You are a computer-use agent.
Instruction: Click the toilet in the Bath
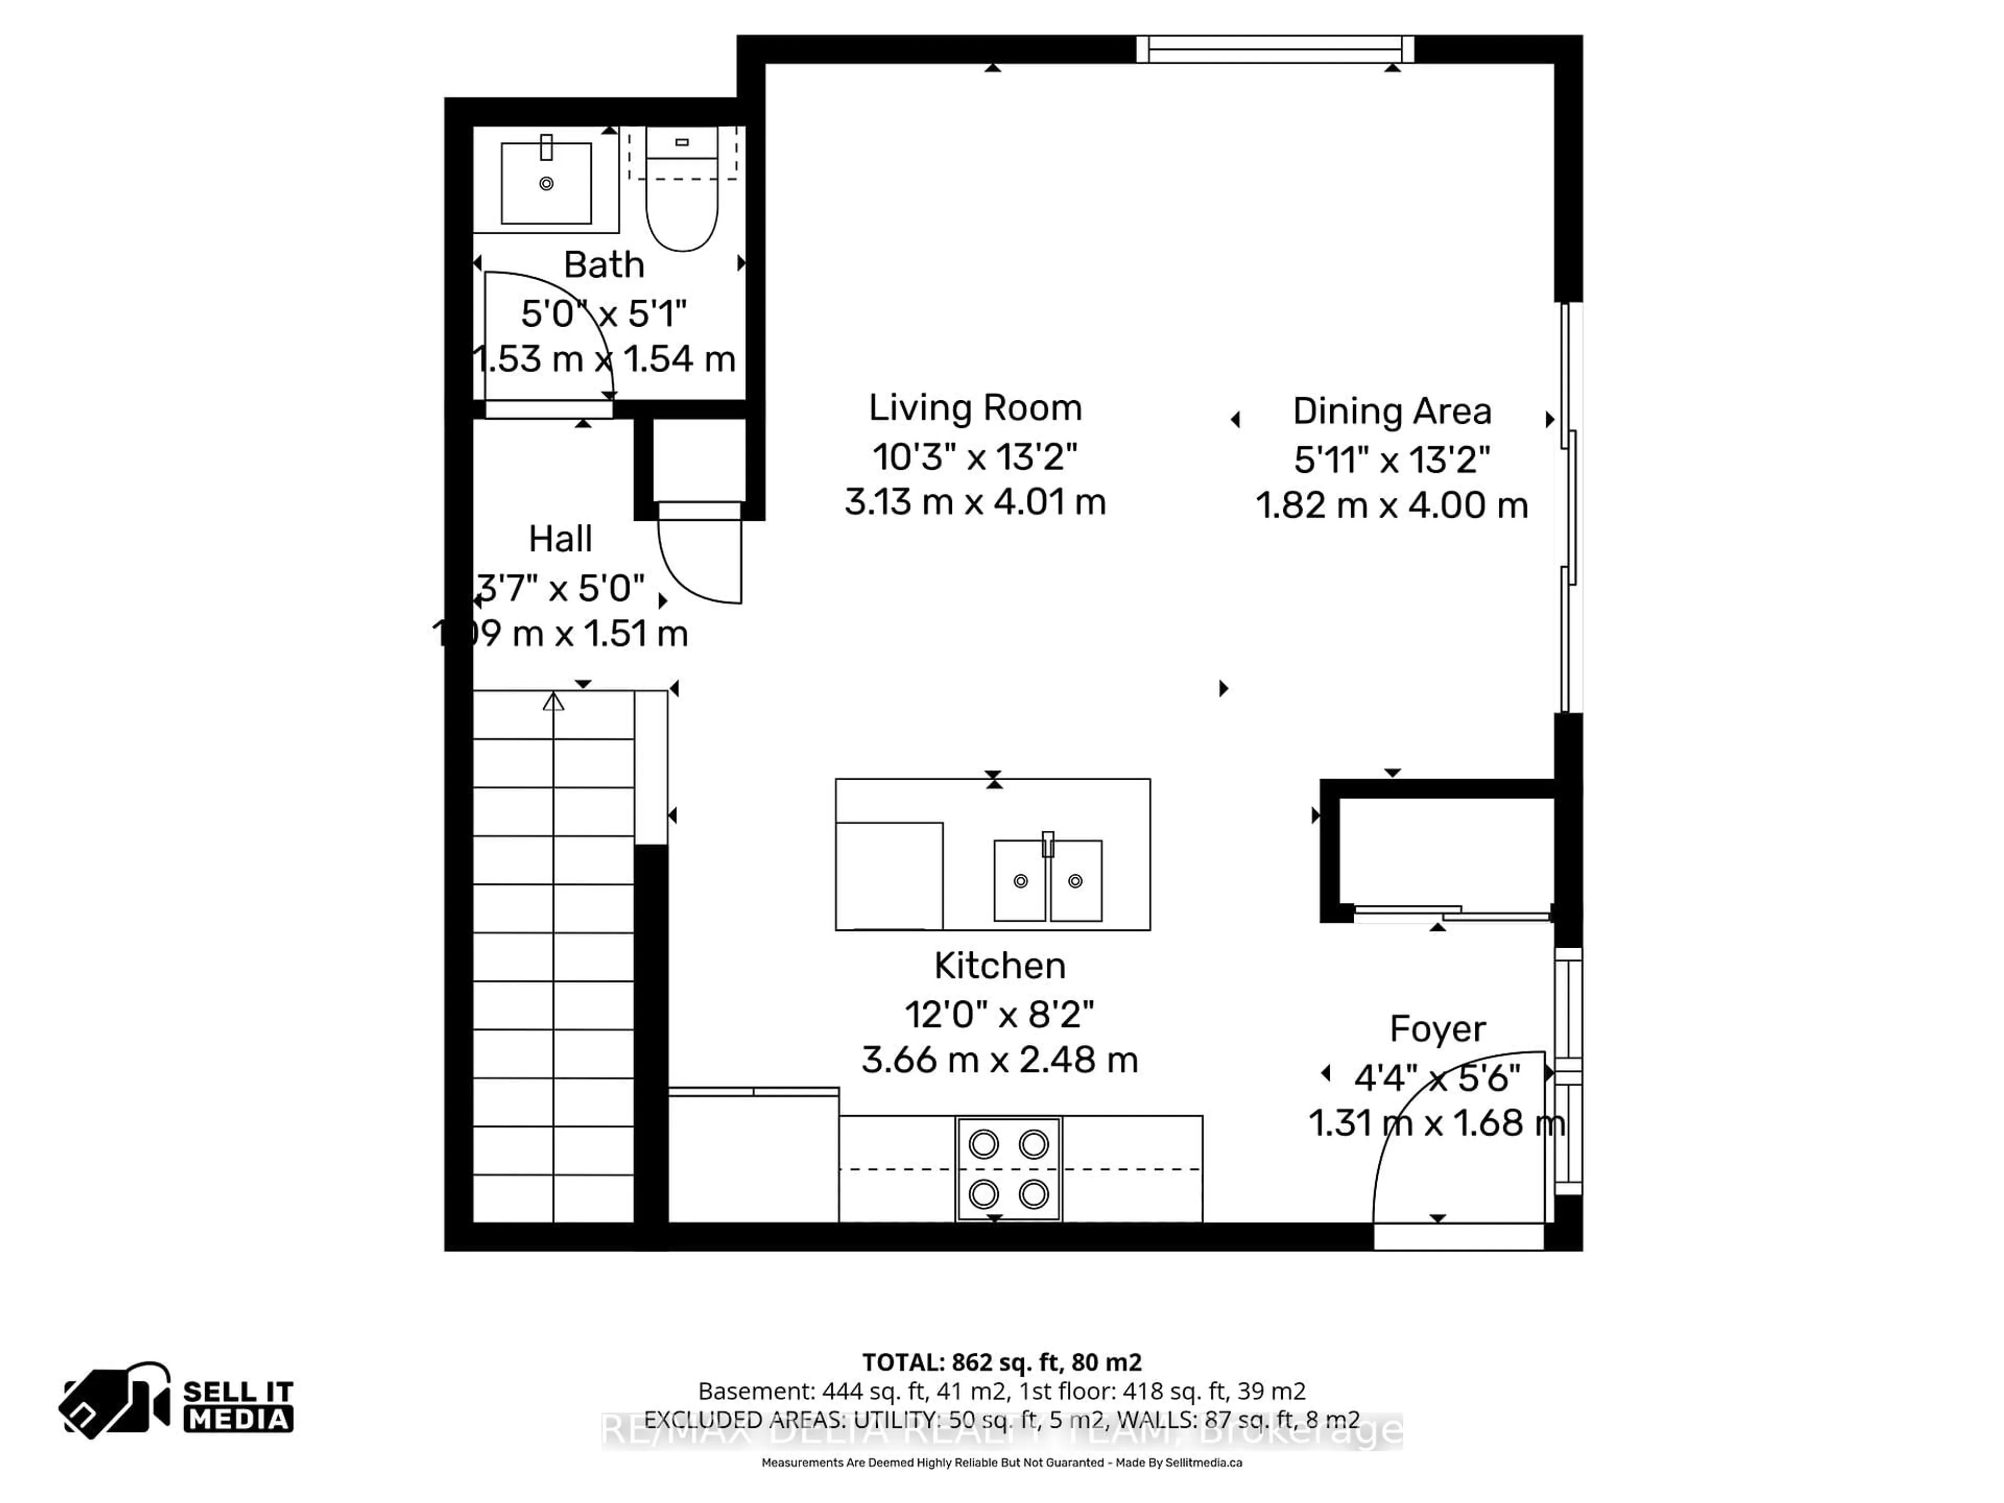(x=681, y=204)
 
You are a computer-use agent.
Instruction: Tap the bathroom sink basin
(x=546, y=184)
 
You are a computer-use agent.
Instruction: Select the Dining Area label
(x=1391, y=411)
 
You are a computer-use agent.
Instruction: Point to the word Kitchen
(x=999, y=966)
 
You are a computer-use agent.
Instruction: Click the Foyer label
(x=1437, y=1029)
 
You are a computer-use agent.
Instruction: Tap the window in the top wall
(x=1275, y=49)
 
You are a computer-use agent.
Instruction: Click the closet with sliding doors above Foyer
(x=1446, y=852)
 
